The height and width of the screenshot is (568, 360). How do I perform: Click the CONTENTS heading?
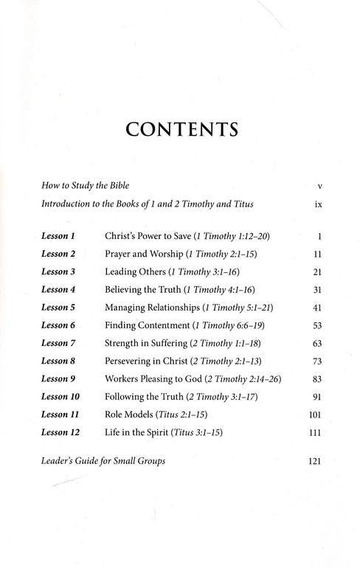click(x=181, y=130)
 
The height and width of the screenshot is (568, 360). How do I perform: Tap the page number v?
click(x=317, y=185)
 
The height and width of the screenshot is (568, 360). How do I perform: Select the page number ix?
click(x=317, y=204)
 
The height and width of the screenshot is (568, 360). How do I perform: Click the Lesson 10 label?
click(x=61, y=397)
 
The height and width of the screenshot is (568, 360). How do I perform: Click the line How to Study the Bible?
click(x=86, y=185)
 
